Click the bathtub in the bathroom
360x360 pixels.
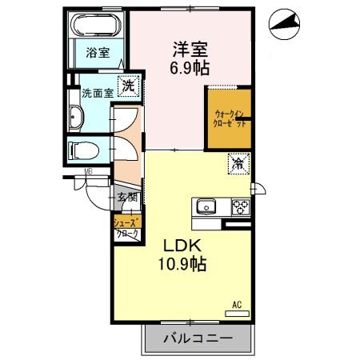tap(96, 26)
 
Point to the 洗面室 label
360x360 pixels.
tap(94, 92)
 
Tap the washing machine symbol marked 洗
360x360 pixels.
tap(126, 82)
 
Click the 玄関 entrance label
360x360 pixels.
tap(128, 198)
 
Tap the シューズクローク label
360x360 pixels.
tap(128, 228)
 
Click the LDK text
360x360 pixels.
tap(185, 245)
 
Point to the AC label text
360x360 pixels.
tap(237, 305)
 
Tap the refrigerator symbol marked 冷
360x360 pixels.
tap(238, 164)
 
